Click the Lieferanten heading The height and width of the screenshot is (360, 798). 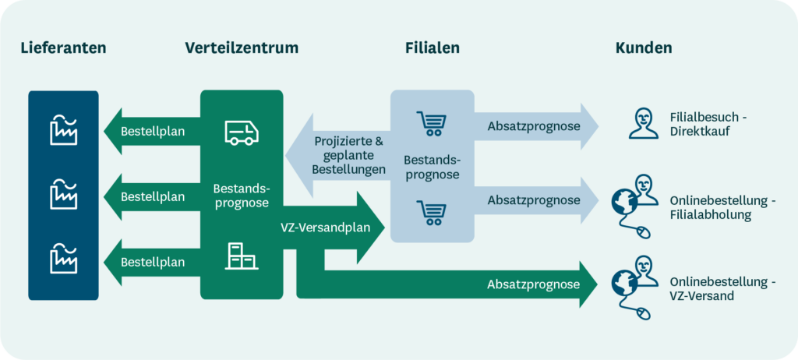coord(63,48)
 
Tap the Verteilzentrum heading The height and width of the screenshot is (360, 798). coord(242,48)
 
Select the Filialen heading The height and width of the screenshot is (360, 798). coord(433,48)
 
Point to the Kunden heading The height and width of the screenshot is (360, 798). coord(644,48)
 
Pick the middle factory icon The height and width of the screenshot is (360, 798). coord(64,194)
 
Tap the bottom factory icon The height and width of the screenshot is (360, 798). coord(64,258)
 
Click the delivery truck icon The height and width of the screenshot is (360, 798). coord(242,132)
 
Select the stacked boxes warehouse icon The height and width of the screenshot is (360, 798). coord(242,256)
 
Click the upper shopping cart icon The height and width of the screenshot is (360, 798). coord(432,123)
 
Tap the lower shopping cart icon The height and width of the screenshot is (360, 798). coord(432,211)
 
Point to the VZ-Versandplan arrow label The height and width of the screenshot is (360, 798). coord(332,228)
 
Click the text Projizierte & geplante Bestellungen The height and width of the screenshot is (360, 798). coord(349,155)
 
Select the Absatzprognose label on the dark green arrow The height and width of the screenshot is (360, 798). coord(534,284)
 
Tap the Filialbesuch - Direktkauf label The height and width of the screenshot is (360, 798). coord(708,124)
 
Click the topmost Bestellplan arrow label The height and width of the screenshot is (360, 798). coord(153,131)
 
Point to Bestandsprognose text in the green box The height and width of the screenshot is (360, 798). coord(242,196)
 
